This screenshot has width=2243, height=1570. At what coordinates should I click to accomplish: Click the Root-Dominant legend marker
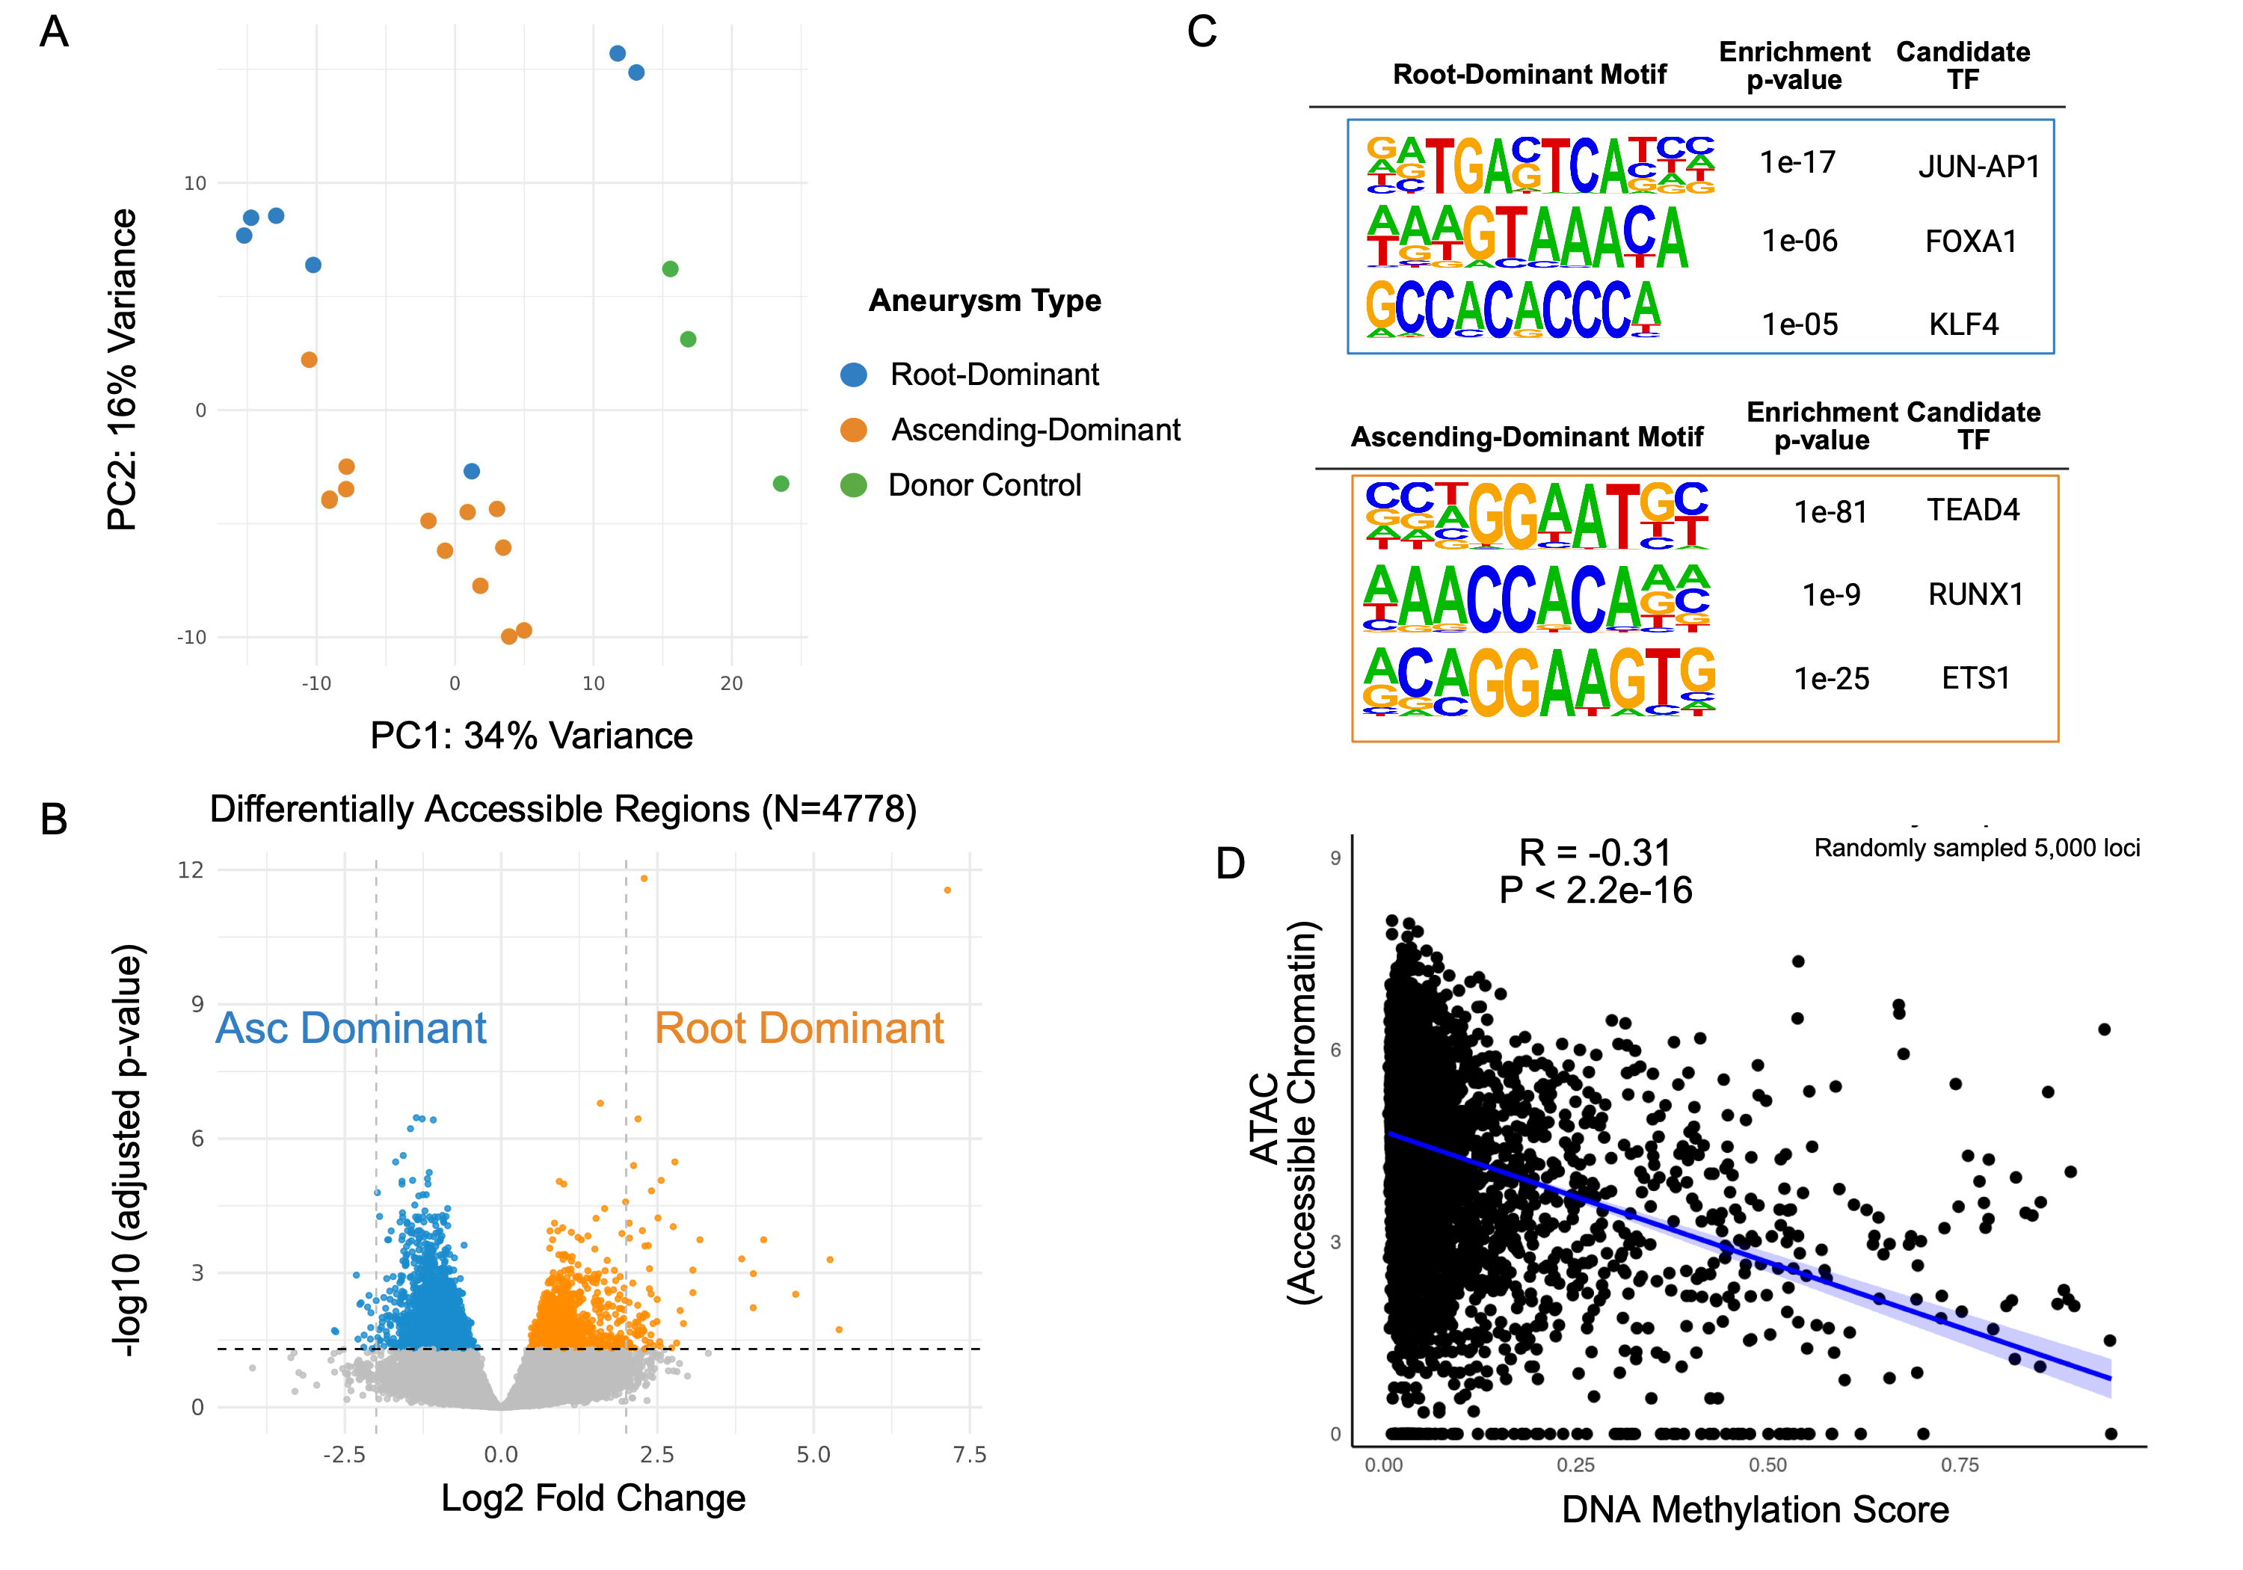tap(853, 374)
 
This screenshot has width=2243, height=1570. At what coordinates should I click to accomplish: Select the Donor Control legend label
tap(984, 485)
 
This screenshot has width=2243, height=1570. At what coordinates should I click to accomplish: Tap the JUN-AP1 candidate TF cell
tap(1979, 167)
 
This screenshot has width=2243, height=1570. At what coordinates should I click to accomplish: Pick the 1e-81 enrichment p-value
tap(1830, 512)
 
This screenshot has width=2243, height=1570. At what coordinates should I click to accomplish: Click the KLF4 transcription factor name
tap(1963, 324)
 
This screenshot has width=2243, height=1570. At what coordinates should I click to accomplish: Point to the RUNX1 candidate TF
tap(1975, 594)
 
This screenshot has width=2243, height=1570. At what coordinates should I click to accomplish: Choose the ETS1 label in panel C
tap(1975, 678)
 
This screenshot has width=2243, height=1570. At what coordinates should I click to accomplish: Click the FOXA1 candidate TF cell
tap(1970, 241)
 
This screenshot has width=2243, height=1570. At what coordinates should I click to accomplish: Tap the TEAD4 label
tap(1972, 510)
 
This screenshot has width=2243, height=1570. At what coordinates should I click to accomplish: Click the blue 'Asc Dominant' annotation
tap(351, 1028)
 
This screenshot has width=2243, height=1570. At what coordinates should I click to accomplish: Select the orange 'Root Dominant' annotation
tap(799, 1028)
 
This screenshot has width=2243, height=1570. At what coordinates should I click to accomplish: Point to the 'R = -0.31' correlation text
tap(1594, 853)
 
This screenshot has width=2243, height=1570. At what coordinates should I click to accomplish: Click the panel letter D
tap(1230, 863)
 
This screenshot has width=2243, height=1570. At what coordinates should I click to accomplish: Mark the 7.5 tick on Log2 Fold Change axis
tap(969, 1455)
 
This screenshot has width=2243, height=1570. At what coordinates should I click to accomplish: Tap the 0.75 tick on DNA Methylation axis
tap(1959, 1465)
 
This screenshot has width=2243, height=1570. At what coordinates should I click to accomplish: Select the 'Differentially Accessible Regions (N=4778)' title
tap(563, 809)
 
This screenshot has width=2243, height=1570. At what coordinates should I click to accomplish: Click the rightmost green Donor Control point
tap(781, 484)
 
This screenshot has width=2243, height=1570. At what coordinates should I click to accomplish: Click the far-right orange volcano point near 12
tap(947, 890)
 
